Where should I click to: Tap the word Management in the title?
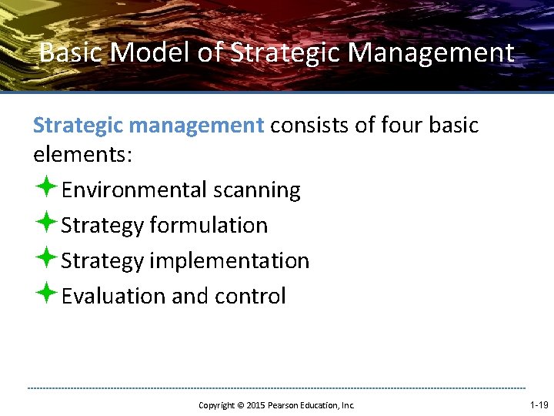[431, 53]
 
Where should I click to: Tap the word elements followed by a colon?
[83, 156]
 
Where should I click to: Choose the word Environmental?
[134, 190]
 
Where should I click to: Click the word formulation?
[209, 226]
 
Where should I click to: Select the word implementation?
[229, 261]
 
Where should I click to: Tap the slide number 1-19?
[539, 404]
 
